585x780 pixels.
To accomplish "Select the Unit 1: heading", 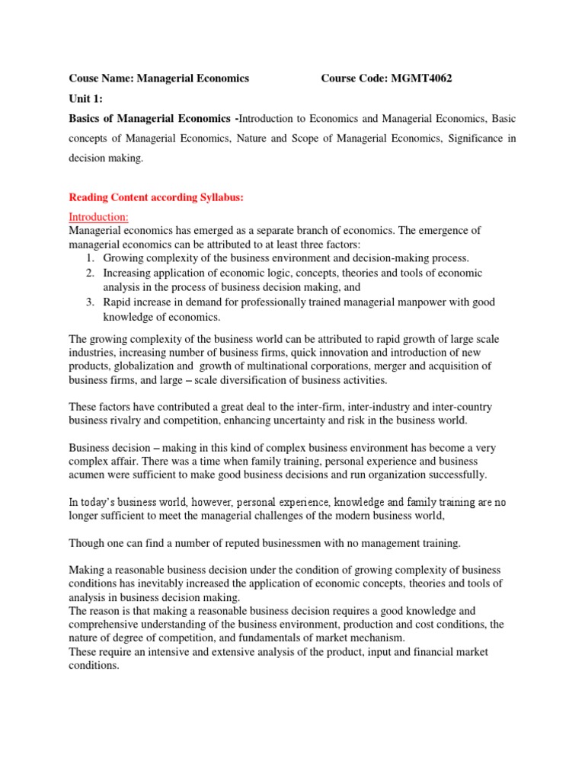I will pyautogui.click(x=85, y=99).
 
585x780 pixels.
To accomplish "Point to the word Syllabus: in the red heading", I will pyautogui.click(x=218, y=197).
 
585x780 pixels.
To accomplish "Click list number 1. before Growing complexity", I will pyautogui.click(x=89, y=258).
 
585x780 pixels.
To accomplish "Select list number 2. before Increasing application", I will pyautogui.click(x=89, y=273).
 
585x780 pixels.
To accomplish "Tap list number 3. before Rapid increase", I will pyautogui.click(x=89, y=302).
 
